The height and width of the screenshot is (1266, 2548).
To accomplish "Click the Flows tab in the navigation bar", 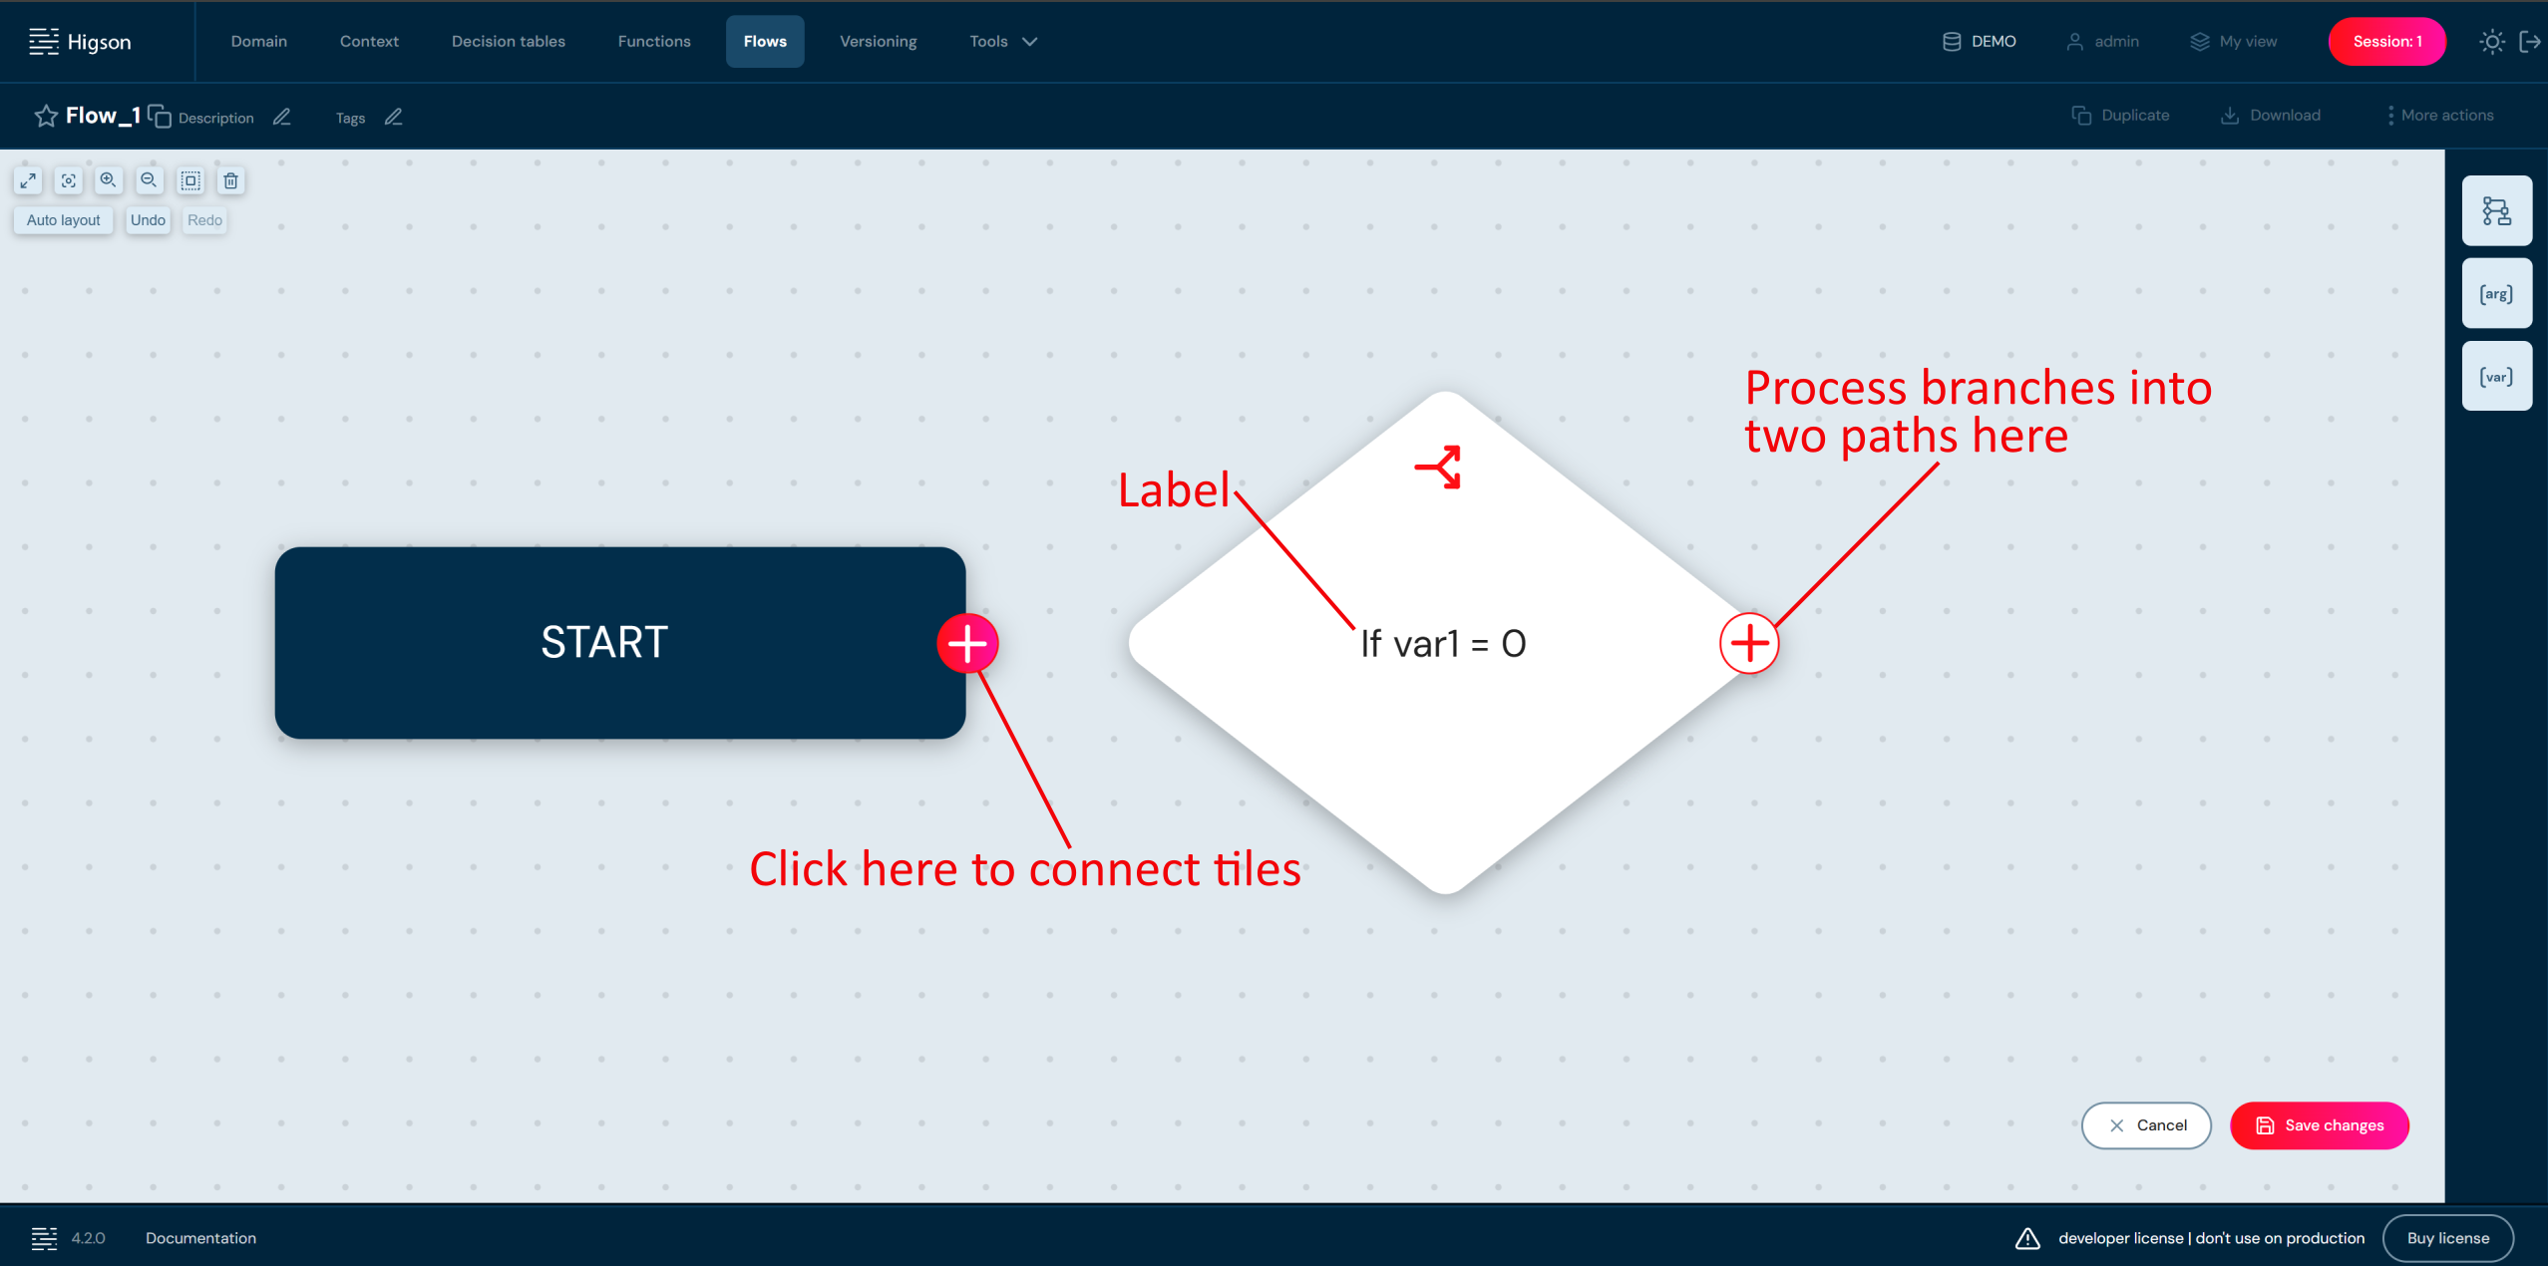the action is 765,41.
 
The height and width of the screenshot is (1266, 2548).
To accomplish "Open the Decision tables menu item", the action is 508,41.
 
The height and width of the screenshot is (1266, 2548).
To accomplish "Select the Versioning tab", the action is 878,41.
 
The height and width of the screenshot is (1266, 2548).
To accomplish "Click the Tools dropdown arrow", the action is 1030,41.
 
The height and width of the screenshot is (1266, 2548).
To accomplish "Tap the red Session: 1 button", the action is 2386,41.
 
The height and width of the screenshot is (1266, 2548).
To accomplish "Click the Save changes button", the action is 2320,1125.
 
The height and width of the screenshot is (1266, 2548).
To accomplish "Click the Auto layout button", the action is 64,220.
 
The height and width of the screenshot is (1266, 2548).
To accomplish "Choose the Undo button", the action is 148,220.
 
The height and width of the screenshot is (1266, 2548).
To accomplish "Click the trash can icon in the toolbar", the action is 230,180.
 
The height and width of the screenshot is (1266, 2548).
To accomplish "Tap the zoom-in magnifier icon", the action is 108,180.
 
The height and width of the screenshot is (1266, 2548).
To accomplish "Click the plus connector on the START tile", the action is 967,643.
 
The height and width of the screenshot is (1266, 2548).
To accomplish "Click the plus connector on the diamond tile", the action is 1749,643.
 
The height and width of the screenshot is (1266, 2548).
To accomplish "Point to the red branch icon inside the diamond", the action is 1438,467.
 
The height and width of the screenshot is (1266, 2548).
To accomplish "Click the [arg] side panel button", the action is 2496,293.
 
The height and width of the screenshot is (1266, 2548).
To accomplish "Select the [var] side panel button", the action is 2496,376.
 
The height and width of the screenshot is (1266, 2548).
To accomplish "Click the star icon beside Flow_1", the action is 46,116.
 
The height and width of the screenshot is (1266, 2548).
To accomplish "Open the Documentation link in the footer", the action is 200,1238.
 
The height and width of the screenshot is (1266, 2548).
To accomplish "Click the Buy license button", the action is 2448,1238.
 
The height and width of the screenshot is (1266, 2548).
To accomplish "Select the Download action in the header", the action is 2271,116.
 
